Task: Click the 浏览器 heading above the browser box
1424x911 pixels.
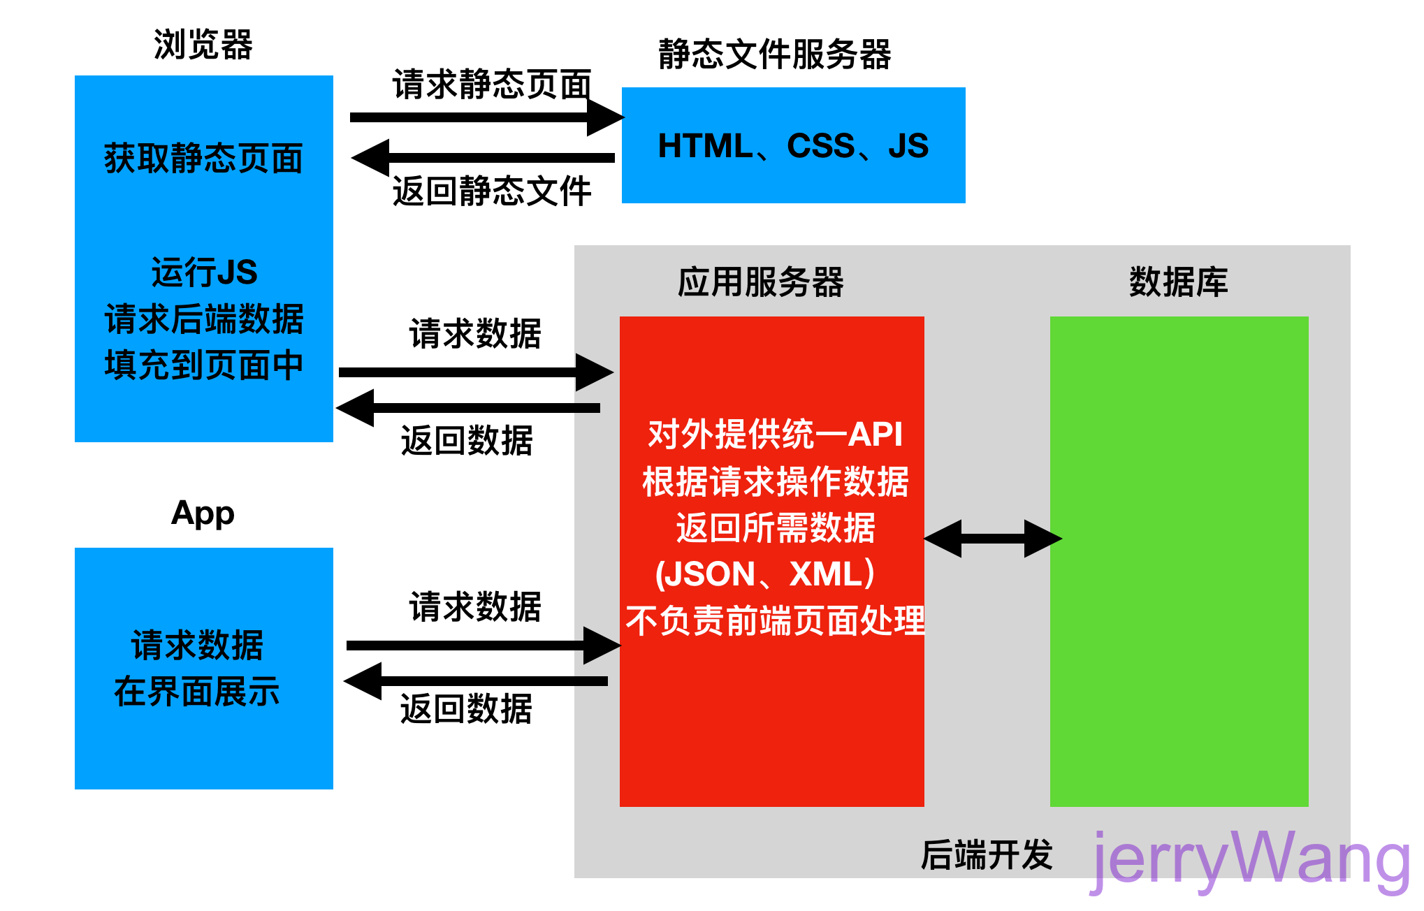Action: pyautogui.click(x=203, y=45)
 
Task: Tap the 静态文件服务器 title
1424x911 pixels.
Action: pyautogui.click(x=774, y=54)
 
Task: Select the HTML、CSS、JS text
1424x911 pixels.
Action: pyautogui.click(x=793, y=146)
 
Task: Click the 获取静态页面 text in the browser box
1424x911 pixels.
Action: pyautogui.click(x=203, y=159)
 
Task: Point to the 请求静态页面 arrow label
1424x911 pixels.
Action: pyautogui.click(x=492, y=85)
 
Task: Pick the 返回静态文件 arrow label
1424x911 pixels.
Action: pyautogui.click(x=492, y=191)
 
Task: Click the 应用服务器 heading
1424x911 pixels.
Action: pyautogui.click(x=760, y=282)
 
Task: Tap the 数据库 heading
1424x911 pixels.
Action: pyautogui.click(x=1178, y=282)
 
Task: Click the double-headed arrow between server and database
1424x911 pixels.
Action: pyautogui.click(x=992, y=539)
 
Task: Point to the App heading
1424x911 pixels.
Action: pyautogui.click(x=203, y=513)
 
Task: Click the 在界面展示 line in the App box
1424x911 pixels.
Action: pyautogui.click(x=197, y=692)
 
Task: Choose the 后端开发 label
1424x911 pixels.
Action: pyautogui.click(x=986, y=855)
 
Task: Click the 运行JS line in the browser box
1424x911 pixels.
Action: pyautogui.click(x=204, y=272)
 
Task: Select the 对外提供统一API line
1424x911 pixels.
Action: pyautogui.click(x=775, y=435)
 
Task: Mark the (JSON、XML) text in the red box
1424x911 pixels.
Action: pyautogui.click(x=766, y=574)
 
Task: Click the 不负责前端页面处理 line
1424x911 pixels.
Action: pyautogui.click(x=775, y=621)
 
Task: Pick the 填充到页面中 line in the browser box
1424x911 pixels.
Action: pyautogui.click(x=203, y=365)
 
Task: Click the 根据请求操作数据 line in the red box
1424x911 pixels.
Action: pyautogui.click(x=775, y=481)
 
